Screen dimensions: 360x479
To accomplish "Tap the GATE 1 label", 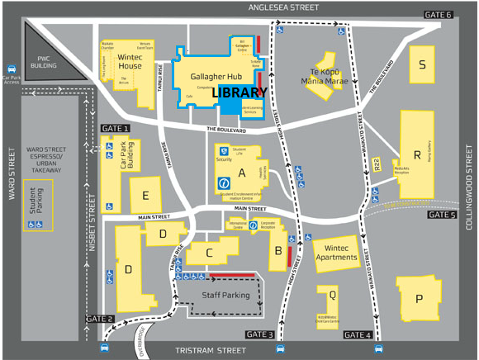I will pos(115,129).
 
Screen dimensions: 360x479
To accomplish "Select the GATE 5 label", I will pos(442,215).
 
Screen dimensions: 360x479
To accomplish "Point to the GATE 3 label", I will pos(258,334).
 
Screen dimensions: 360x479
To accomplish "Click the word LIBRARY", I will pos(239,92).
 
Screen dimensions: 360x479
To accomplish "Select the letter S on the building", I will pos(423,65).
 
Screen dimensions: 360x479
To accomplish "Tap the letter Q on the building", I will pos(332,294).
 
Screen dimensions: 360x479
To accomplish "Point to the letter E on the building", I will pos(145,196).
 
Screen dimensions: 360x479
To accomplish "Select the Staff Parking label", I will pos(225,295).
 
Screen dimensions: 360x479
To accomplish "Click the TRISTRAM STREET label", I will pos(211,351).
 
